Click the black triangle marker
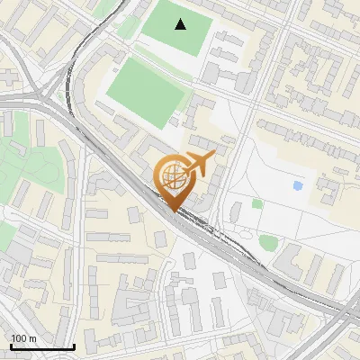coord(182,24)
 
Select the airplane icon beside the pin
coord(199,164)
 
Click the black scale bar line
coord(42,346)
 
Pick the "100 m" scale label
coord(23,338)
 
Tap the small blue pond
coord(298,185)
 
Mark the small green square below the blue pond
coord(257,204)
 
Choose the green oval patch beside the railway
coord(268,241)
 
